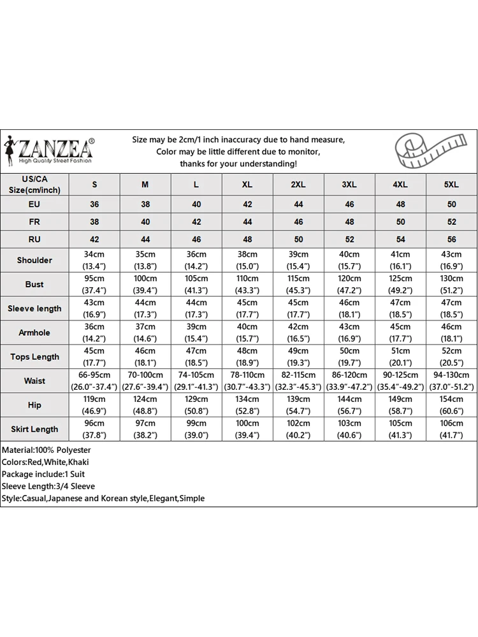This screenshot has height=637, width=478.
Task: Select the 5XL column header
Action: click(x=451, y=185)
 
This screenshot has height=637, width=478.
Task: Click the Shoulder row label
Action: click(x=34, y=260)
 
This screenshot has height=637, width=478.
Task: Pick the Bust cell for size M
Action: click(x=145, y=284)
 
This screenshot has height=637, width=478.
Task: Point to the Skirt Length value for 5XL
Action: click(x=451, y=429)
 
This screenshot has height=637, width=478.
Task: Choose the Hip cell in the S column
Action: click(x=94, y=405)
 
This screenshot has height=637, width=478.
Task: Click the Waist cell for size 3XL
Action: click(x=349, y=381)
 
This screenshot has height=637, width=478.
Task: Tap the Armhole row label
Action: click(x=34, y=333)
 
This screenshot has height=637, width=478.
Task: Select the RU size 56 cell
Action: click(x=451, y=240)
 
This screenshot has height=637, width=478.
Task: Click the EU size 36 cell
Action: click(x=94, y=204)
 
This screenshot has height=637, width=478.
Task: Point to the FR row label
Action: click(x=34, y=222)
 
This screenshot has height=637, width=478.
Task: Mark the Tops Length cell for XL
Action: click(x=247, y=357)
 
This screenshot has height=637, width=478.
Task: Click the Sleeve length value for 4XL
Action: click(x=400, y=308)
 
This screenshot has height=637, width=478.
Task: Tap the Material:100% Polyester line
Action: click(x=46, y=450)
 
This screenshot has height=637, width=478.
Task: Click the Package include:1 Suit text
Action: click(x=43, y=475)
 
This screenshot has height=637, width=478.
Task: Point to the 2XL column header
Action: click(x=298, y=185)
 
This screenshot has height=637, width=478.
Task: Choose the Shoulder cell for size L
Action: click(x=196, y=260)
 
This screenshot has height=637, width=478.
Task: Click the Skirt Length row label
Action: click(x=34, y=429)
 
